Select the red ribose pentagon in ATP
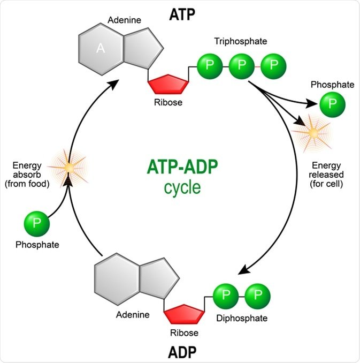pos(168,85)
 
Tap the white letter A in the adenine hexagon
pos(100,49)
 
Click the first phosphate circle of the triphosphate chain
pos(209,65)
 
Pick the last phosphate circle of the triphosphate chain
pos(274,65)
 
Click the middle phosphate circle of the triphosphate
pos(242,65)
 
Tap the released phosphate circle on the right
pos(332,103)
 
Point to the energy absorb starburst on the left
pos(68,168)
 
